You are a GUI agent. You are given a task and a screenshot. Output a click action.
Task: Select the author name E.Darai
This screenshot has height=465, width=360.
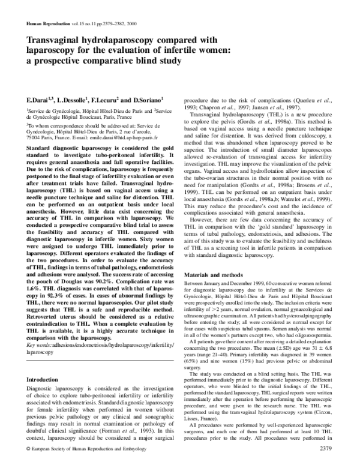tap(37, 98)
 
